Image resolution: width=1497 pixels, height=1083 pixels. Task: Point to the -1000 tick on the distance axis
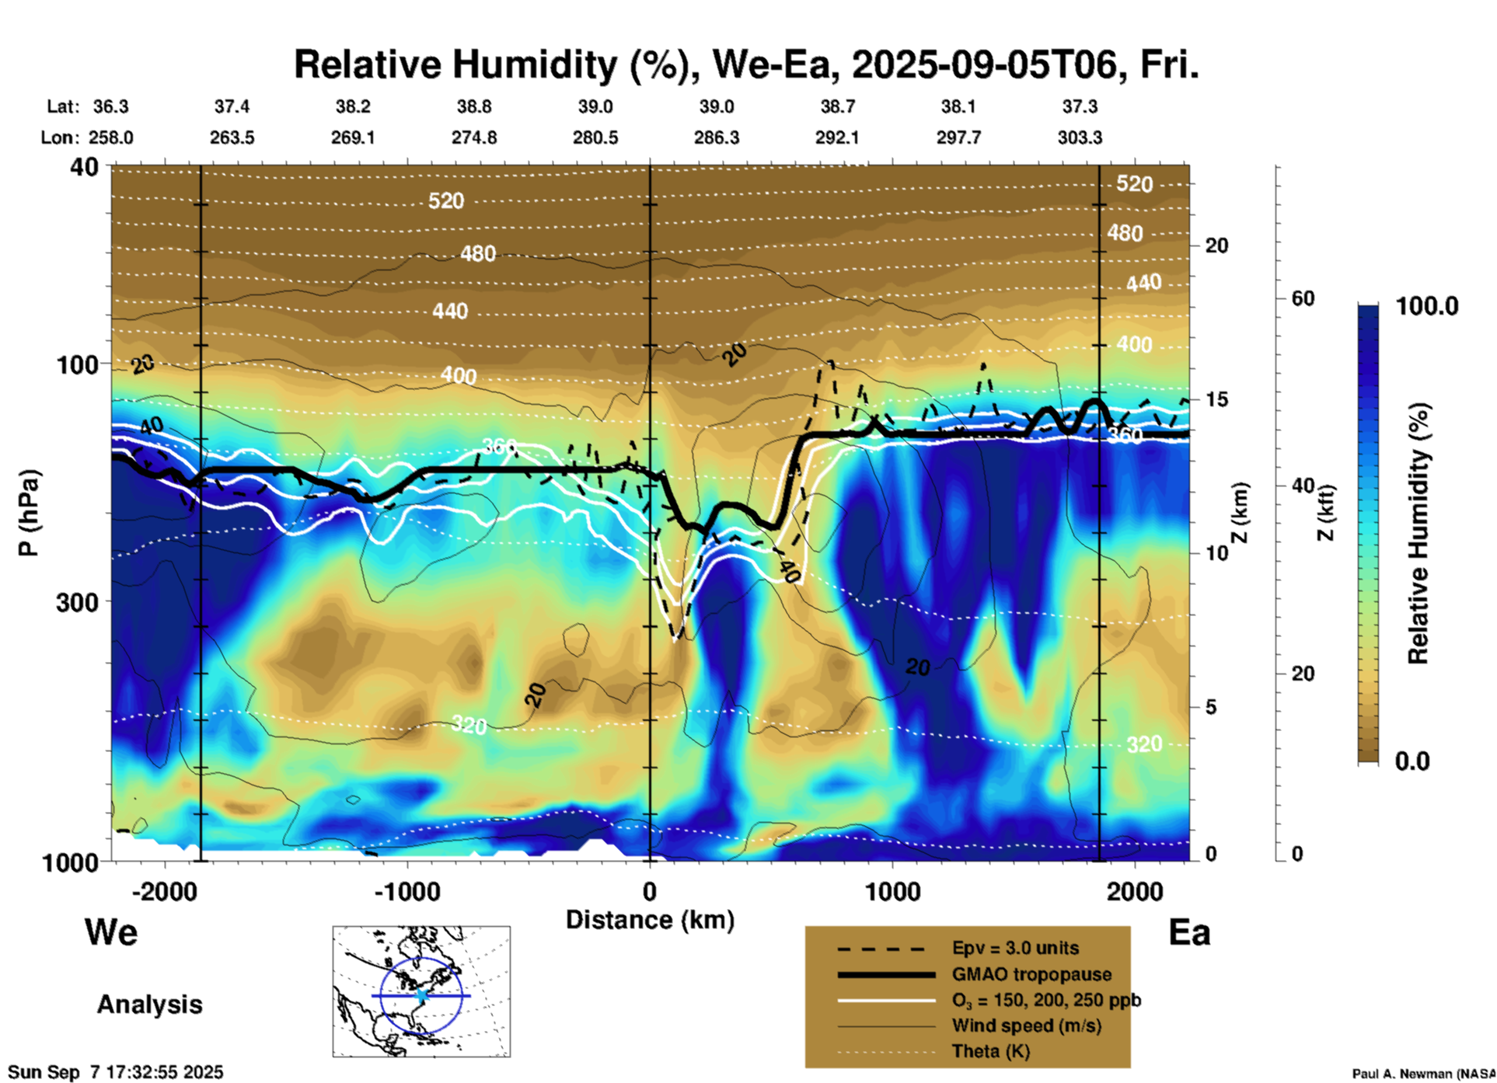(x=407, y=891)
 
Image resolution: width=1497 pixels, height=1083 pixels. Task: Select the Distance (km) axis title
(x=650, y=920)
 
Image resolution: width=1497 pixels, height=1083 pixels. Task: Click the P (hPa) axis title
(x=29, y=513)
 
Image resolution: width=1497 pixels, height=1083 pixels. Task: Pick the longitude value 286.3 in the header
(x=716, y=138)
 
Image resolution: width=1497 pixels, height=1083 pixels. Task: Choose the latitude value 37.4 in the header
(x=232, y=106)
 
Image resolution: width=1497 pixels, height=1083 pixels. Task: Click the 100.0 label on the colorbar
(x=1427, y=306)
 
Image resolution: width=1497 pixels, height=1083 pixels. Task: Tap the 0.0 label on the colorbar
(x=1412, y=761)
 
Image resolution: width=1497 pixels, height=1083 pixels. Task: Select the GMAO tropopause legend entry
(x=1031, y=974)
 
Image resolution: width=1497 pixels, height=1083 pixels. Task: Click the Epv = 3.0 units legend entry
(x=1015, y=949)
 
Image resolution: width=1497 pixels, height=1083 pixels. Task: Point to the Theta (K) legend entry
(x=990, y=1051)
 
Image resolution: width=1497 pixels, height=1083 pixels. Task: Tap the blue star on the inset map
(x=421, y=994)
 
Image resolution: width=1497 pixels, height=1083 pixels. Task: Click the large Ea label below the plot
(x=1189, y=932)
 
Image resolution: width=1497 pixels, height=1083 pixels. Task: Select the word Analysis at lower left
(x=149, y=1004)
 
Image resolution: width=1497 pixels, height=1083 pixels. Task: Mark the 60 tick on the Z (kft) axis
(x=1303, y=298)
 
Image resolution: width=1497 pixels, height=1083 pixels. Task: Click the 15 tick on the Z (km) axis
(x=1216, y=399)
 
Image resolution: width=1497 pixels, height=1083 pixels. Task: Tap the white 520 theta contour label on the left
(x=446, y=201)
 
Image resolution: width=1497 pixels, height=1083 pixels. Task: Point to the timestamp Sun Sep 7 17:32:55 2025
(x=115, y=1072)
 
